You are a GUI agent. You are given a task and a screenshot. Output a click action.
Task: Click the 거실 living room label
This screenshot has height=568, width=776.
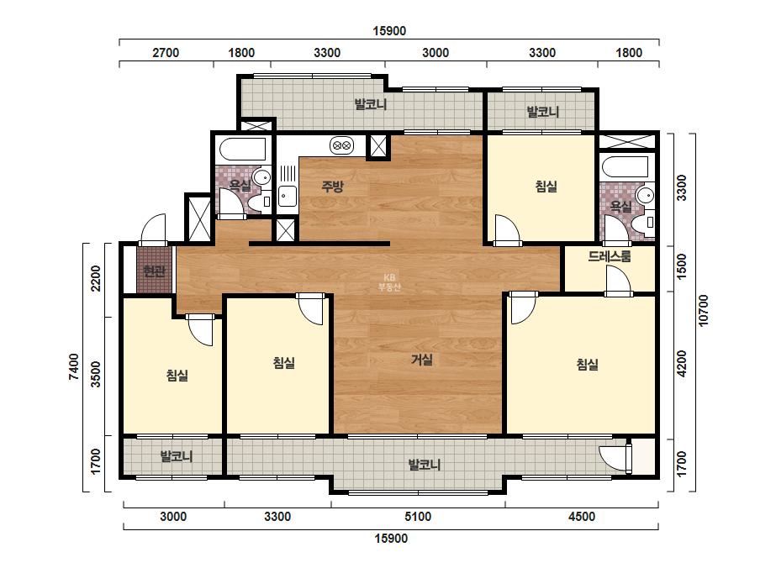click(422, 360)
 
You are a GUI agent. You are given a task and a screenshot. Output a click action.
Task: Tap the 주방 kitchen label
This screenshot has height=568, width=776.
click(332, 187)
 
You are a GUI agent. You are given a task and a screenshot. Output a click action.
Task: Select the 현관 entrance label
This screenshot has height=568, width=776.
click(154, 271)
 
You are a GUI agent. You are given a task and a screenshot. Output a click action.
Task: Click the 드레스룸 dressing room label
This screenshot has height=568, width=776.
click(610, 256)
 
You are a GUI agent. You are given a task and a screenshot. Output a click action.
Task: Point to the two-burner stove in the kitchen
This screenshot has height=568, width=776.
click(341, 146)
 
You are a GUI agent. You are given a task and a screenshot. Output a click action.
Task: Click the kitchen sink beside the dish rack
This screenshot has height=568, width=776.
click(287, 196)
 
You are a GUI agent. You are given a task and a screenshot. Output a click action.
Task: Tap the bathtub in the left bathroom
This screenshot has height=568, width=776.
click(242, 150)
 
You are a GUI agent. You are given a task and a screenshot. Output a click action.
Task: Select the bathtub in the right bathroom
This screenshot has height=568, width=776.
click(626, 167)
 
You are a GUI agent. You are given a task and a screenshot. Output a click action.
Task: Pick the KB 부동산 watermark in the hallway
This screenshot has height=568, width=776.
click(389, 282)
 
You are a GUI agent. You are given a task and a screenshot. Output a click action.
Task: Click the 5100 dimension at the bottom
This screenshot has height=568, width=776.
click(418, 517)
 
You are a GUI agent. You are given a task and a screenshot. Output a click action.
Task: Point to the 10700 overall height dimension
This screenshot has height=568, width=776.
click(703, 310)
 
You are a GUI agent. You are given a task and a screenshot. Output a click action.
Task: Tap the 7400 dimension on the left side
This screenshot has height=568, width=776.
click(74, 366)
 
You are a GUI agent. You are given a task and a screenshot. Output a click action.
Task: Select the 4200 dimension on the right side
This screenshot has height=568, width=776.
click(682, 364)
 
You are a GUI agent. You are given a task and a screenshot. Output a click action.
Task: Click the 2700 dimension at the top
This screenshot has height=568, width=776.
click(166, 52)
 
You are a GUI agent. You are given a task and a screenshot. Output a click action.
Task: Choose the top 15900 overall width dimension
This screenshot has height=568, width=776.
click(389, 31)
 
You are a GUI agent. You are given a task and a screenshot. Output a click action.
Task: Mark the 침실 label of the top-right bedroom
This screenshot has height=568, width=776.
click(546, 187)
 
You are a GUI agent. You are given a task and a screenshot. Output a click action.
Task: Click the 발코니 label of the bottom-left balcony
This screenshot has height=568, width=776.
click(177, 455)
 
